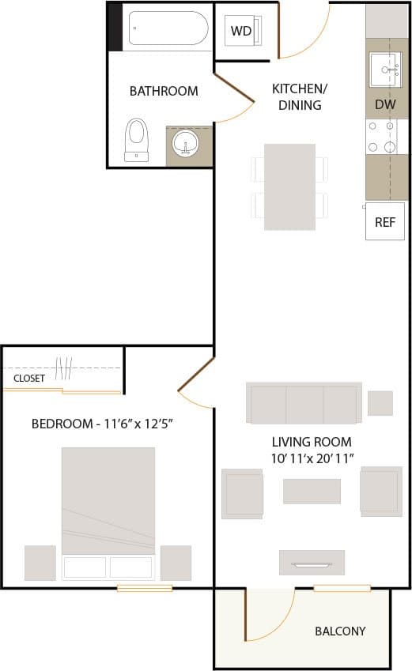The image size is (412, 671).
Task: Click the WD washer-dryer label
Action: [240, 32]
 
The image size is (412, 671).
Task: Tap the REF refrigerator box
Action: [384, 222]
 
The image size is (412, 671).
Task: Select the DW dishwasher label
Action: [385, 104]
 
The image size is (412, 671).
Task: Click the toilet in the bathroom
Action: [137, 139]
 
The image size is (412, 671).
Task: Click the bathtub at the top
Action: [168, 28]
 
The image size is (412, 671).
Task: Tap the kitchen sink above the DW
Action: [387, 70]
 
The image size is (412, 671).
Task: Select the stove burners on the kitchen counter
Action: [379, 137]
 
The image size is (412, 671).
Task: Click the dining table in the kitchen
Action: [289, 187]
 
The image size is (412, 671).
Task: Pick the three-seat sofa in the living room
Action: [304, 403]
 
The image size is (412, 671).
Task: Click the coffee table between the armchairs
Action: [312, 492]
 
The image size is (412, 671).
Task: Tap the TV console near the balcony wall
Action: [312, 562]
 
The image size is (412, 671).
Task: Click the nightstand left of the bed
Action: [40, 563]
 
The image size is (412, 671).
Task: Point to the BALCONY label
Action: [340, 631]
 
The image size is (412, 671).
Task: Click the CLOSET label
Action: [29, 379]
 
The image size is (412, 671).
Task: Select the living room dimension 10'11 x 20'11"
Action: [312, 458]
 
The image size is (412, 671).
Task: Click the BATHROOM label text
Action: [164, 91]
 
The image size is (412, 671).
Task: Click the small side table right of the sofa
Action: [380, 403]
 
